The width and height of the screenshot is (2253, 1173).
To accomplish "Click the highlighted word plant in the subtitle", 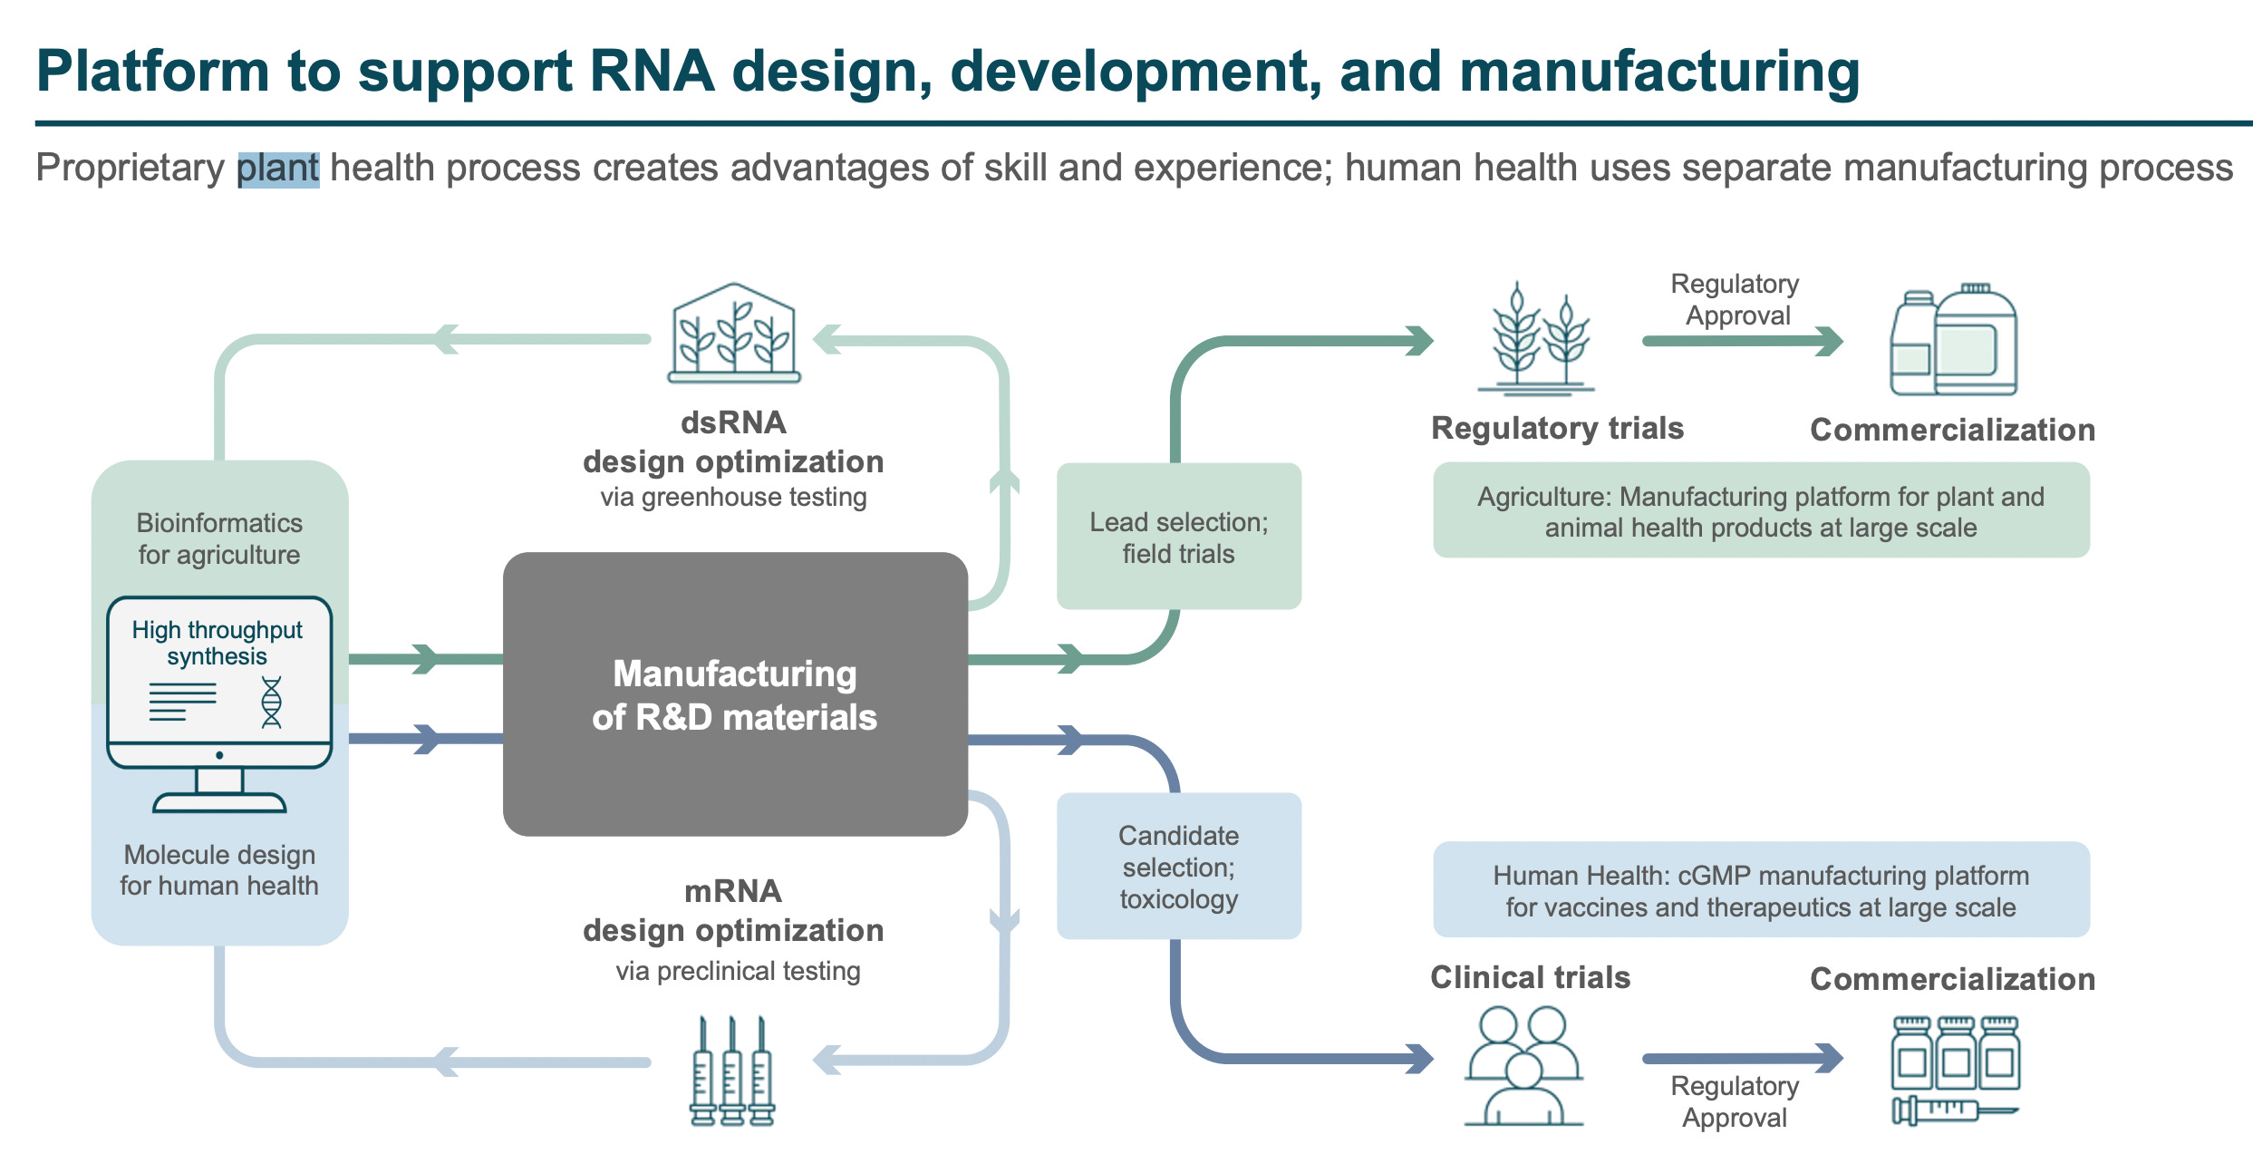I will [277, 169].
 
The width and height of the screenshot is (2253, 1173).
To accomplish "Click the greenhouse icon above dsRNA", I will [734, 334].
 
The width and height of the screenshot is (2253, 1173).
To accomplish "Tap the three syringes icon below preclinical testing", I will [732, 1072].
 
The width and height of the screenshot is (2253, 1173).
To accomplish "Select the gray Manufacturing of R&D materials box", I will [735, 693].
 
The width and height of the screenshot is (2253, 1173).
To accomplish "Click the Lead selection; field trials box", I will [1178, 537].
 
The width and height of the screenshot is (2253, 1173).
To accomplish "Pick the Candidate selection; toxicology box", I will [1178, 867].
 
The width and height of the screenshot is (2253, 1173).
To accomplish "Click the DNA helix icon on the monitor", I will [271, 703].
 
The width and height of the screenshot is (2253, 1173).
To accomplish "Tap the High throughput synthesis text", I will [218, 642].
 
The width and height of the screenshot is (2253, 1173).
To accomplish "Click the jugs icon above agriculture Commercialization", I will [1953, 341].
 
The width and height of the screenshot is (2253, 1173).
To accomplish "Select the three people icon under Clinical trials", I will [1523, 1066].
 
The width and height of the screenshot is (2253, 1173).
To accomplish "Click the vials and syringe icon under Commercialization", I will [1955, 1070].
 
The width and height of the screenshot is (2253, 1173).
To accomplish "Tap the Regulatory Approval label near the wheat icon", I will [1736, 299].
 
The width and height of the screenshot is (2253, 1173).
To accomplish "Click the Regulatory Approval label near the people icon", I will [1735, 1101].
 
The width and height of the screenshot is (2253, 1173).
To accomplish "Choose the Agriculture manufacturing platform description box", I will [1760, 511].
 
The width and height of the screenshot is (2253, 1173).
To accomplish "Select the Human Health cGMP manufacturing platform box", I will [1760, 890].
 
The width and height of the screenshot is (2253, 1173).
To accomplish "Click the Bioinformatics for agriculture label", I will [219, 538].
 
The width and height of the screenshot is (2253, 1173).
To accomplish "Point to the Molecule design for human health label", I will [219, 870].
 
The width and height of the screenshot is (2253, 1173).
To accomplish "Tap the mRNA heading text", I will [732, 891].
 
